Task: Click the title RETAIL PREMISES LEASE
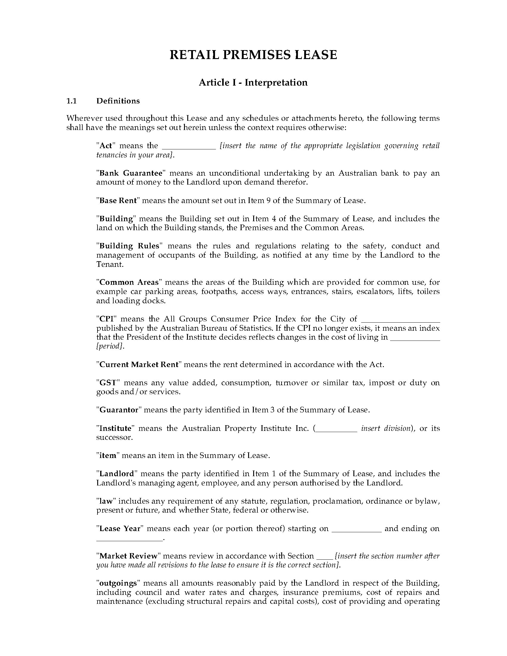pyautogui.click(x=253, y=55)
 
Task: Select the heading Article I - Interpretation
pyautogui.click(x=253, y=83)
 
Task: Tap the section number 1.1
pyautogui.click(x=72, y=101)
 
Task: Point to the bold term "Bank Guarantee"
pyautogui.click(x=131, y=173)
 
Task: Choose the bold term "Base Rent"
pyautogui.click(x=118, y=200)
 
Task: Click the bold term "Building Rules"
pyautogui.click(x=129, y=246)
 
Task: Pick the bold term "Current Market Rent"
pyautogui.click(x=139, y=364)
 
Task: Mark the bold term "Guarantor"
pyautogui.click(x=119, y=410)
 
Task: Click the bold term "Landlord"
pyautogui.click(x=117, y=474)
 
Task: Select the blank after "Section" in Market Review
pyautogui.click(x=325, y=557)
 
